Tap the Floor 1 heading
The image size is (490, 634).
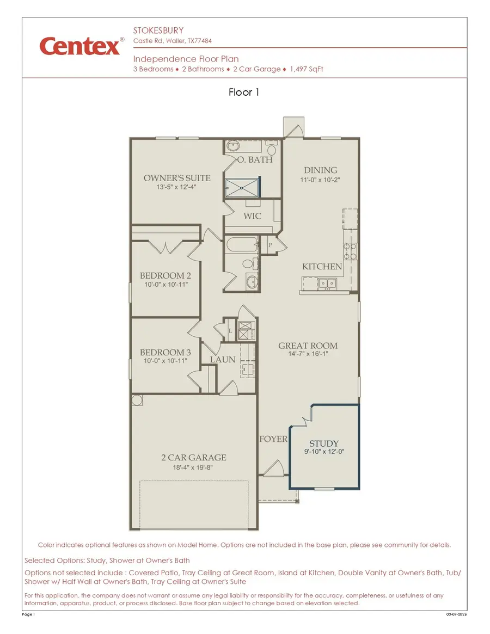tap(244, 93)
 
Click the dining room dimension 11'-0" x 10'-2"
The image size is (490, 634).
tap(320, 180)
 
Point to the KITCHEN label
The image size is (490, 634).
tap(322, 267)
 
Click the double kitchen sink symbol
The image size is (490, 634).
tap(327, 283)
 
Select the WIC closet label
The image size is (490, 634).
tap(252, 216)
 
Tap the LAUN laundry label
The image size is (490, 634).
tap(223, 359)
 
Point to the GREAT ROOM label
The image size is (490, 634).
tap(308, 346)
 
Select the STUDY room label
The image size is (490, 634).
tap(324, 444)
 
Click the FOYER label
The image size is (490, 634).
tap(273, 439)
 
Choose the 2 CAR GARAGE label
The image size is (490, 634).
tap(193, 458)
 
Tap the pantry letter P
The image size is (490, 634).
tap(270, 246)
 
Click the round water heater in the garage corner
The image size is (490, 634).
tap(137, 400)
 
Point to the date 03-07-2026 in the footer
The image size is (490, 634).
tap(456, 614)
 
